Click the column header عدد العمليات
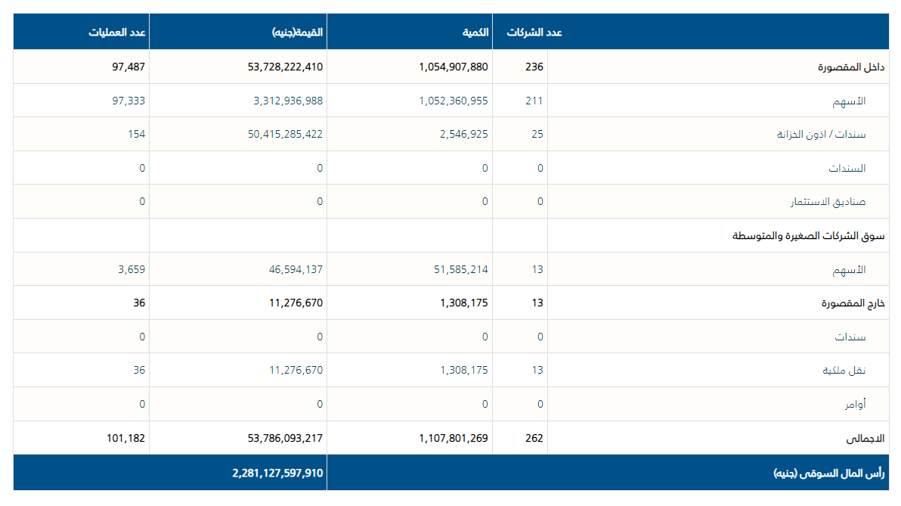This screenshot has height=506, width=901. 117,33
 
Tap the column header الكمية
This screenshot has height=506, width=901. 475,33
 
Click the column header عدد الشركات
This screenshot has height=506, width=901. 534,33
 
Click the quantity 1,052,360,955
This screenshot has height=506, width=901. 454,101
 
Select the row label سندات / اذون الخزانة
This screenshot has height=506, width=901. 821,135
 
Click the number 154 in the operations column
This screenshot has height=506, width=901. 137,135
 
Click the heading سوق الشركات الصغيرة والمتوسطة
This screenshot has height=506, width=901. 808,236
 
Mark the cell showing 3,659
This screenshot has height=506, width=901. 131,269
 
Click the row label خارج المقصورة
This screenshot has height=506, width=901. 853,303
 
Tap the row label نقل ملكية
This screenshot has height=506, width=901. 844,371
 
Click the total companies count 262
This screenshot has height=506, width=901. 534,438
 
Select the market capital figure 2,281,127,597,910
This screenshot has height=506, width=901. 277,473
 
